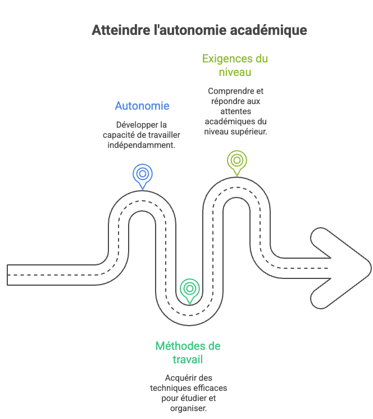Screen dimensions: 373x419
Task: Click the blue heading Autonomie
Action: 142,106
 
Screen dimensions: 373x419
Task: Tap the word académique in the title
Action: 269,30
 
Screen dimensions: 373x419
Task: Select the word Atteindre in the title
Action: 121,30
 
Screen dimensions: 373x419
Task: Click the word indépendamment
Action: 142,145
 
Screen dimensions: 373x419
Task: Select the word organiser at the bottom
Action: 188,408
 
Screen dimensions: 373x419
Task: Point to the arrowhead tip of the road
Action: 371,268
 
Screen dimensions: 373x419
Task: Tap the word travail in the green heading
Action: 188,359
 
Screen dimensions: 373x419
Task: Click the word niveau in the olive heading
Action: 235,73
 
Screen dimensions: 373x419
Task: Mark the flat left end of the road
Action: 7,275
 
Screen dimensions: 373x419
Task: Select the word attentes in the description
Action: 235,111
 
